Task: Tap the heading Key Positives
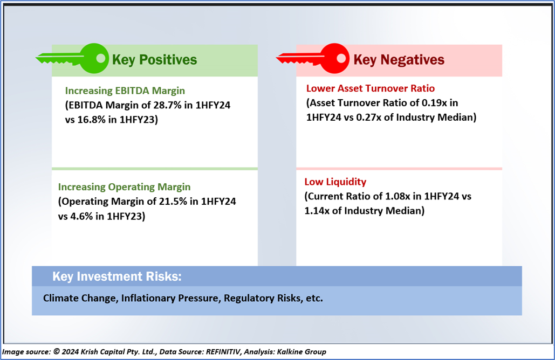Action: pos(154,60)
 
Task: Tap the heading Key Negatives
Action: pos(399,60)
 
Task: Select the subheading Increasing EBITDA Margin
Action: pos(125,91)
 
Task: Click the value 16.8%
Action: pos(91,120)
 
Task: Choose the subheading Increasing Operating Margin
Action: pos(124,186)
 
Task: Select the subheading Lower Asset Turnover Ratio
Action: pos(371,88)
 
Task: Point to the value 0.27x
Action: pos(369,117)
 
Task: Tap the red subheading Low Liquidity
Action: pos(335,182)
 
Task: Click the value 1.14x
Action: pos(317,211)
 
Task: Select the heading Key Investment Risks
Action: pos(117,276)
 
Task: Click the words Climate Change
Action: pos(80,298)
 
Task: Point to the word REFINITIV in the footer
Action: pos(223,351)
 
